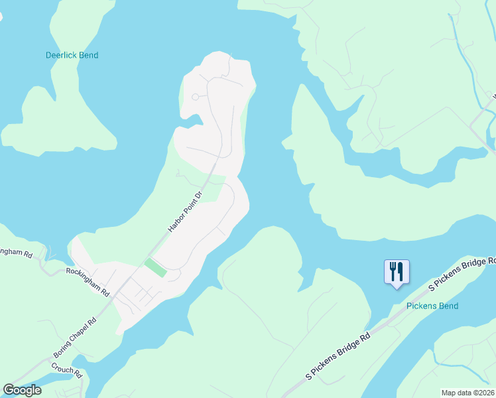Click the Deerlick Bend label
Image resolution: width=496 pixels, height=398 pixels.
[72, 55]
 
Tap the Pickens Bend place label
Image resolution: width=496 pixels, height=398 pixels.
[432, 306]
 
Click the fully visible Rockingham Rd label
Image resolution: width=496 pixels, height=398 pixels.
[88, 282]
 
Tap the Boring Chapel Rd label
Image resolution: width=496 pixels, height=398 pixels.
[75, 339]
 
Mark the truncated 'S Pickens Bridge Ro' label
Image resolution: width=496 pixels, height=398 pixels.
[462, 274]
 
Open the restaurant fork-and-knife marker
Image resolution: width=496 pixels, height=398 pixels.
[397, 272]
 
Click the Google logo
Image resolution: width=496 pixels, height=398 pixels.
[22, 389]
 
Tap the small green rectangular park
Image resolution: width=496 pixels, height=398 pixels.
[156, 268]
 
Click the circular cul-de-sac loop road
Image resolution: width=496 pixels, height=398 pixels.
[195, 97]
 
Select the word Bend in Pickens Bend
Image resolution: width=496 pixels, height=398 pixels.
[448, 306]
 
